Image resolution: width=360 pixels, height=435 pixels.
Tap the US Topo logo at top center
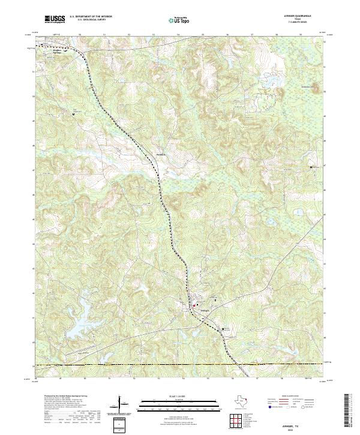click(x=179, y=20)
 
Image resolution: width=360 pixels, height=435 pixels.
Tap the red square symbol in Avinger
click(x=194, y=307)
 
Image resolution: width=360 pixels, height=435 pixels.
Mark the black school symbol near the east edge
click(x=311, y=167)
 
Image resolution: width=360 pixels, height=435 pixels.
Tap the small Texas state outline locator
click(x=244, y=401)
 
